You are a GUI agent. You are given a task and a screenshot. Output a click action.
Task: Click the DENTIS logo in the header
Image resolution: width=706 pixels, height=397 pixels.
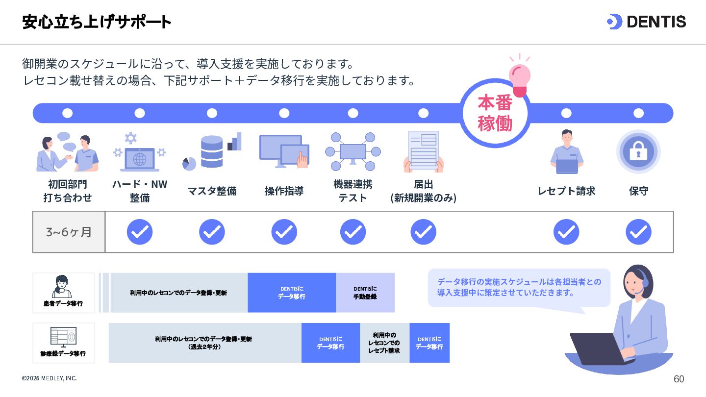coord(646,22)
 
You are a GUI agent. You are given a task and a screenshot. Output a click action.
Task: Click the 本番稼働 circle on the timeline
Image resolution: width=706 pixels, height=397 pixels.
coord(495,113)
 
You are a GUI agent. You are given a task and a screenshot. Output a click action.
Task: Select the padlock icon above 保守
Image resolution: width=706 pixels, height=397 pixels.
coord(638,152)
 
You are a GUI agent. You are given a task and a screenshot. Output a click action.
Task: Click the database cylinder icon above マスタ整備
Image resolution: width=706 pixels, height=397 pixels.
coord(212,151)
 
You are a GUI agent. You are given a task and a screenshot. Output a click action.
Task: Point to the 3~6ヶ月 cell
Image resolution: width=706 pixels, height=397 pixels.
coord(69,232)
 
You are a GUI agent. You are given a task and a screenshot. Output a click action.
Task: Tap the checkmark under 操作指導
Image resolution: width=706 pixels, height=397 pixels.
coord(284,232)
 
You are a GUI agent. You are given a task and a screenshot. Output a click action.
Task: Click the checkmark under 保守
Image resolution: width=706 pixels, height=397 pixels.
coord(638,232)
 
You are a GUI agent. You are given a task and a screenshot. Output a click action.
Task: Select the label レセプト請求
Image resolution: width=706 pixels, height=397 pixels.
coord(566,191)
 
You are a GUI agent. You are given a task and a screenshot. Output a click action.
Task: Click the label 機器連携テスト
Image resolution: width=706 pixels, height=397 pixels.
coord(353,191)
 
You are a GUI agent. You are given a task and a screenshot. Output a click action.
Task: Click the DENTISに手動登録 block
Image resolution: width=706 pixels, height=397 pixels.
coord(365,293)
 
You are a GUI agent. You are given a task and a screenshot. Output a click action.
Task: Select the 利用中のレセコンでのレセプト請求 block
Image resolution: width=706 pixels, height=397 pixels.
coord(384,343)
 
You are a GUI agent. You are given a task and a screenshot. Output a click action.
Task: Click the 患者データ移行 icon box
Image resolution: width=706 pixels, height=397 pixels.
coord(64,293)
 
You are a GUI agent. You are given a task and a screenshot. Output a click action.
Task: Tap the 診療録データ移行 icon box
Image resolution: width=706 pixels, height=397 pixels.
coord(64,343)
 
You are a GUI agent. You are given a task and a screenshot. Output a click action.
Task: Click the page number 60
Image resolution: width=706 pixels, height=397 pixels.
coord(679,379)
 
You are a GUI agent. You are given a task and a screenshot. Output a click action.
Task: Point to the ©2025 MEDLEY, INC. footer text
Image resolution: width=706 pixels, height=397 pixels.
coord(49,378)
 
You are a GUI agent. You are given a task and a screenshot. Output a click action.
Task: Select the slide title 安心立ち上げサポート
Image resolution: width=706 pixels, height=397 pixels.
coord(97,22)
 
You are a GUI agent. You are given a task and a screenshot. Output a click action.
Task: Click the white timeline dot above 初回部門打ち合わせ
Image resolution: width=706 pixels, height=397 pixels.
coord(68,113)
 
